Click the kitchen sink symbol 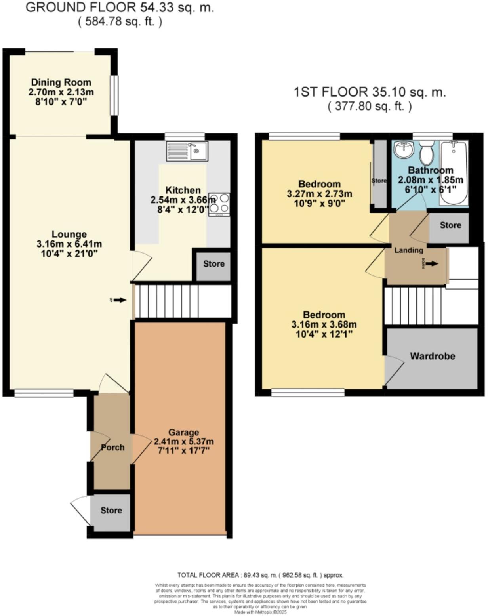coord(187,151)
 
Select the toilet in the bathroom coord(427,154)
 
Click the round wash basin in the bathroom coord(404,150)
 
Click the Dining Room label coord(61,82)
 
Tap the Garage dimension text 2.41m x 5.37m coord(184,441)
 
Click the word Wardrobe coord(433,356)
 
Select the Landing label coord(409,250)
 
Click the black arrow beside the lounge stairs coord(120,300)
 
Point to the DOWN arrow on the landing coord(432,263)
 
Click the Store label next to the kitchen coord(214,264)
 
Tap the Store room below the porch coord(111,511)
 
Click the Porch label coord(113,447)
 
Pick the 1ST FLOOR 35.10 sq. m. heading coord(369,92)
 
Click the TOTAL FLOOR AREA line coord(260,575)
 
